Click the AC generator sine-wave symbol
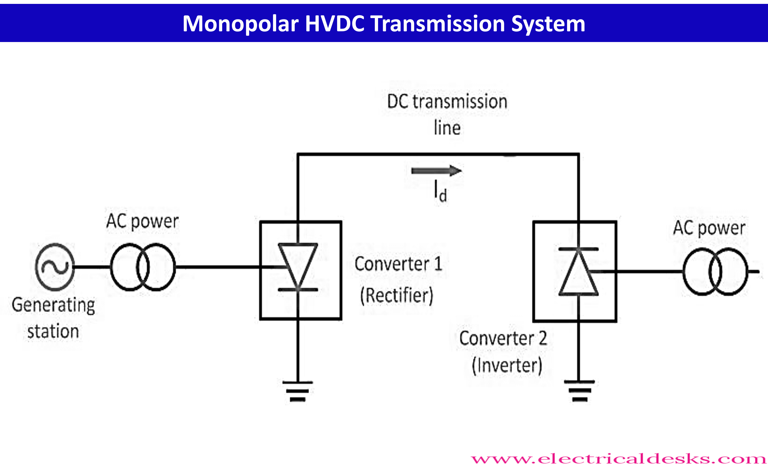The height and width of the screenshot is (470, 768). [x=55, y=267]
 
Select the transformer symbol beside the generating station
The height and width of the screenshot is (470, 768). [x=143, y=267]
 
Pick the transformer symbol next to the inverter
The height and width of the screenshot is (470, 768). [x=715, y=272]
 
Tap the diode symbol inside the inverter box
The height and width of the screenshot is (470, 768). [x=579, y=272]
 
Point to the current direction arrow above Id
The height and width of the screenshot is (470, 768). [x=436, y=171]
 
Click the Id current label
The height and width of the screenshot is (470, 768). [x=440, y=191]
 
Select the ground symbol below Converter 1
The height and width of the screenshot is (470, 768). [x=298, y=391]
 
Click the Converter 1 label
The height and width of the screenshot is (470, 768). [x=398, y=264]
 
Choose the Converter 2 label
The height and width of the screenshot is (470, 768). [x=503, y=338]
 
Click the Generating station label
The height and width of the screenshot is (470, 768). [x=53, y=318]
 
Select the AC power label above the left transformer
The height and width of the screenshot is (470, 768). [x=142, y=222]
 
